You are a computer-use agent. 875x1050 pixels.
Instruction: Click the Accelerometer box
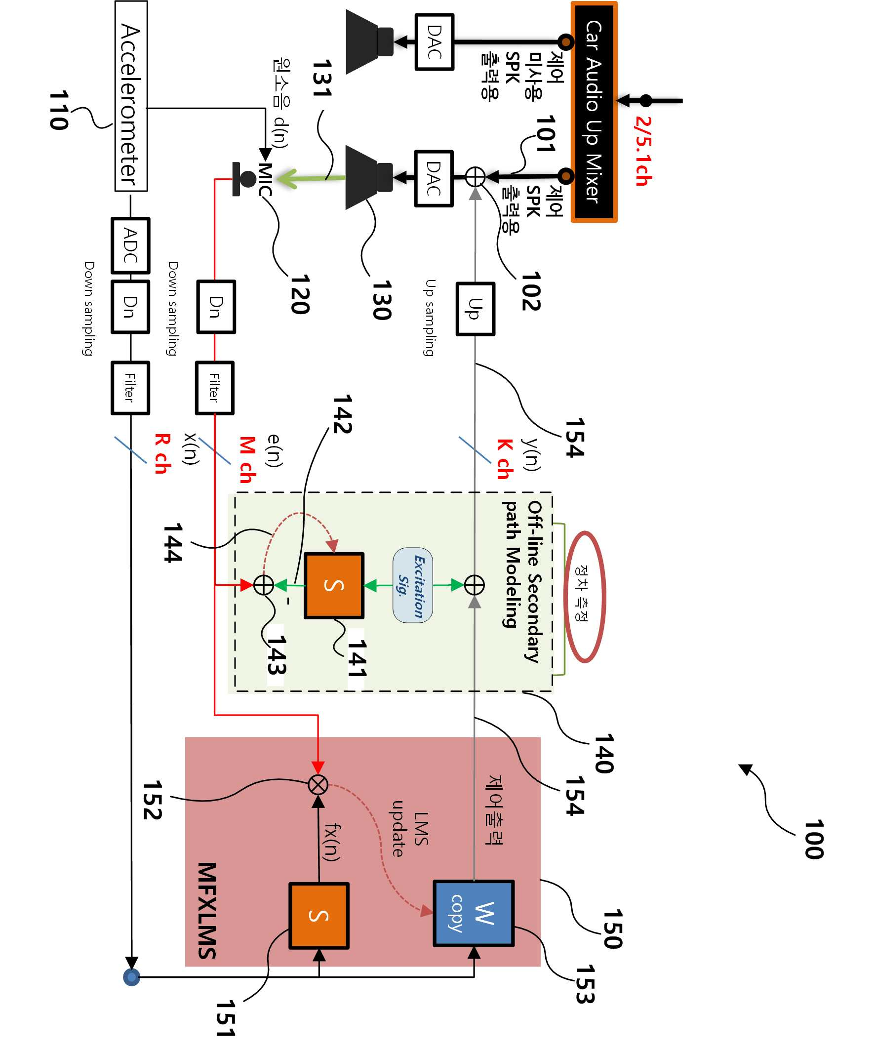pos(131,96)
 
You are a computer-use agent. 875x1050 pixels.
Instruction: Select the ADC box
pos(130,245)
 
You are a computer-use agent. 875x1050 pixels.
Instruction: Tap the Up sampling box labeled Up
pos(475,309)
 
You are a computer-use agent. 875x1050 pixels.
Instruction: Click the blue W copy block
pos(474,913)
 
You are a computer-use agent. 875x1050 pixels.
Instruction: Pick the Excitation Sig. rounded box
pos(412,585)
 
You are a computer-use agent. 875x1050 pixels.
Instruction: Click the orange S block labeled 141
pos(334,585)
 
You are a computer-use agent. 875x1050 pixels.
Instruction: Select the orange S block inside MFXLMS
pos(319,916)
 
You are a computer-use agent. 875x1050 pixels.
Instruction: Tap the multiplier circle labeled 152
pos(318,785)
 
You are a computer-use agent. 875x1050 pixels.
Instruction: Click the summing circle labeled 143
pos(264,584)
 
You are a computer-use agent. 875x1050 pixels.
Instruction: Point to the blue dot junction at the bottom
pos(131,976)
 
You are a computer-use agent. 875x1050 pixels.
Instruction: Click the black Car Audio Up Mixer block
pos(594,112)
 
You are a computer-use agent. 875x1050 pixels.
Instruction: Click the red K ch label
pos(505,459)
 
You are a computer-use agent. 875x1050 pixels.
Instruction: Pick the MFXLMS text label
pos(206,910)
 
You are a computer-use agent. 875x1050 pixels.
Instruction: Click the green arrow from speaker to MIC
pos(311,178)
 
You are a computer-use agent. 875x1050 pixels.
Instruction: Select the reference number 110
pos(58,110)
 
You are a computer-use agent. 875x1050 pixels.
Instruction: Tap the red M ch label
pos(247,459)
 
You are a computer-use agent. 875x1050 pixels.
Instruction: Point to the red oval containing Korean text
pos(585,597)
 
